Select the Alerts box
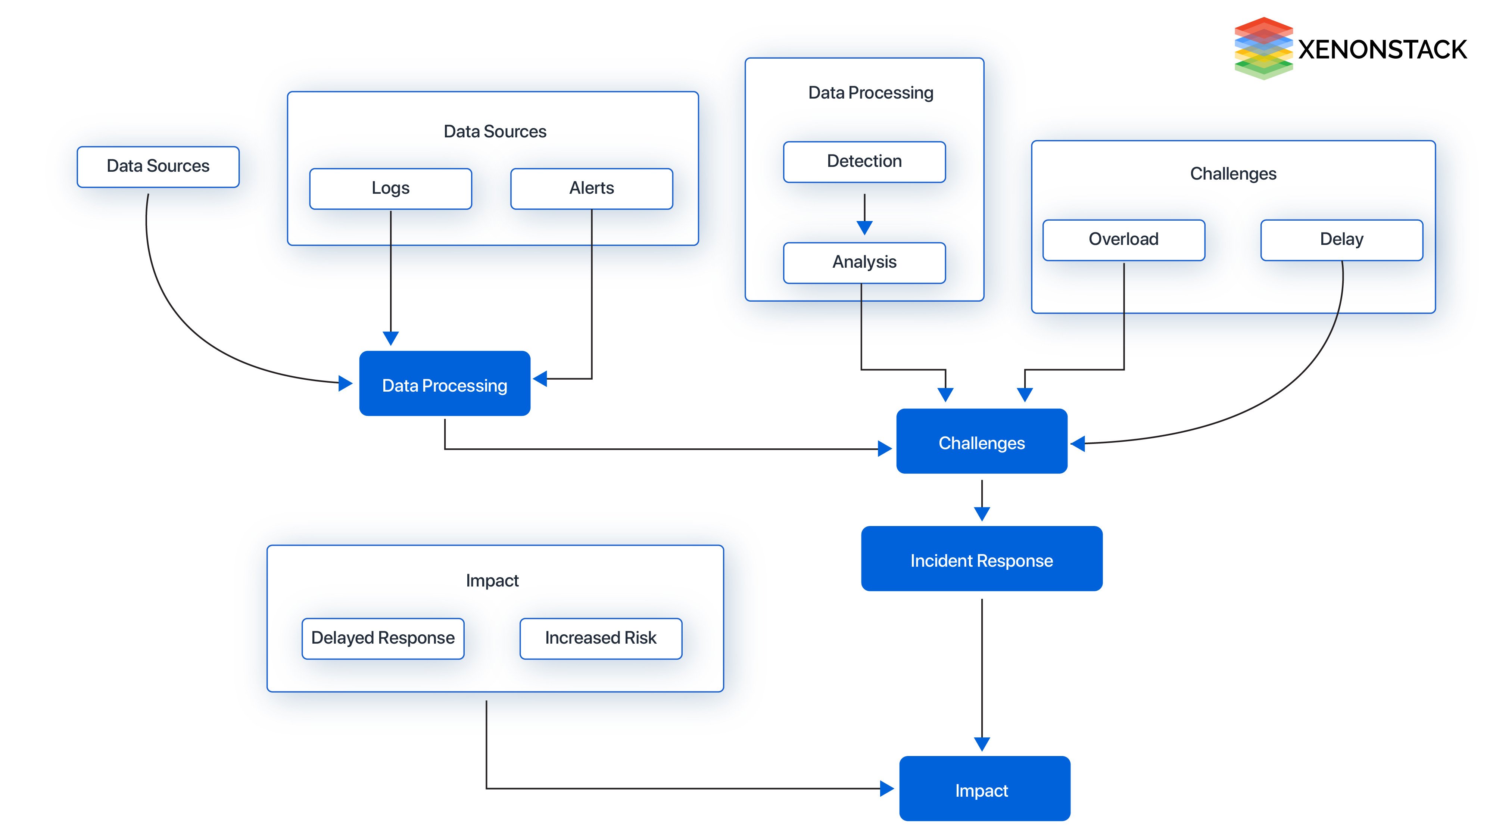[591, 189]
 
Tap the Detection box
[864, 162]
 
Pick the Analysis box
[864, 262]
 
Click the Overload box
[1123, 239]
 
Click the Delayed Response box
[383, 638]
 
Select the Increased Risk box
[601, 638]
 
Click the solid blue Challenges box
[981, 441]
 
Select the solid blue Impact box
[984, 788]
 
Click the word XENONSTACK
[1382, 50]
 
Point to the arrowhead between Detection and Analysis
[864, 227]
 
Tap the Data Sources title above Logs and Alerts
[495, 131]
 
